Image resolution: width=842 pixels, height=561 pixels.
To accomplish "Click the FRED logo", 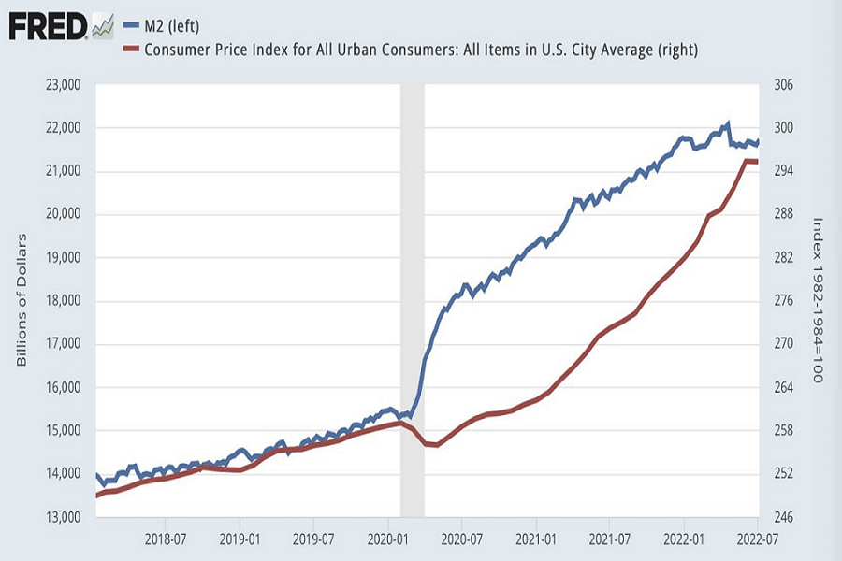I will coord(61,25).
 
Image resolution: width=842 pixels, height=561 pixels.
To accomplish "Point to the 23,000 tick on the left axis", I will coord(65,85).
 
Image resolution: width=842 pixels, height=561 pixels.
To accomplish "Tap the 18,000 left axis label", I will coord(65,301).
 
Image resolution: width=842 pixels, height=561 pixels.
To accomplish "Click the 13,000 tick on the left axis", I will coord(65,517).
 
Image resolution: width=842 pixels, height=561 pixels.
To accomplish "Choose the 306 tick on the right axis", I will coord(783,85).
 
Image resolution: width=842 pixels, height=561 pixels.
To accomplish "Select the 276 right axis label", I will coord(783,301).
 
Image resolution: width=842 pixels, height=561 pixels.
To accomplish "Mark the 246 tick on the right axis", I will coord(783,517).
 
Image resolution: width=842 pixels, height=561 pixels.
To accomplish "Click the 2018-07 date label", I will coord(165,539).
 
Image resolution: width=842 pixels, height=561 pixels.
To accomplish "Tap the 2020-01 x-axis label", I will coord(388,539).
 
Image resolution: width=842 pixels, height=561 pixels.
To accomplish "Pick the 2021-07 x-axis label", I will coord(609,539).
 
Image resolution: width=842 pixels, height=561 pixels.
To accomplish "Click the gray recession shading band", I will coord(412,280).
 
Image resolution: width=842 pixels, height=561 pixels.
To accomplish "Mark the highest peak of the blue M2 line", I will coord(728,122).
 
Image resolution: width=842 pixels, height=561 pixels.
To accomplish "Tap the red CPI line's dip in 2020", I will coord(435,444).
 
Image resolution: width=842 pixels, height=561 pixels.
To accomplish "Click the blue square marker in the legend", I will coord(130,25).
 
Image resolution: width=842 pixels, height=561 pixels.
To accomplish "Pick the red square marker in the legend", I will coord(130,49).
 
